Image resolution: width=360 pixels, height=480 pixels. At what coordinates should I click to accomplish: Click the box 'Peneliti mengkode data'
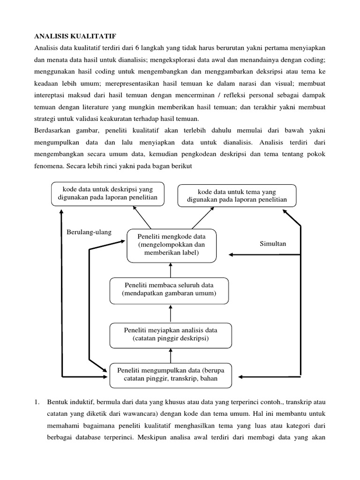(x=172, y=245)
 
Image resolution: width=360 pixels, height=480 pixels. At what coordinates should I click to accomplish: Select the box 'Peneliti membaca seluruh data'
(x=169, y=290)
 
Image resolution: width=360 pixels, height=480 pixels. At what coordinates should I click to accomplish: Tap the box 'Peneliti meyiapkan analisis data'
(x=171, y=334)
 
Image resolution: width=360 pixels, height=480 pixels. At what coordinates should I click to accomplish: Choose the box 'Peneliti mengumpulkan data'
(x=171, y=375)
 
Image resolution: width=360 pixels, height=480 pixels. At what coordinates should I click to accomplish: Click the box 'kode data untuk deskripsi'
(x=108, y=194)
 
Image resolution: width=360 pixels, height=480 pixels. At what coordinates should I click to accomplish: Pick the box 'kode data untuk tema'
(x=237, y=195)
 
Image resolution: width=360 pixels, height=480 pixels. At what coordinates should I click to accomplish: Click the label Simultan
(x=273, y=244)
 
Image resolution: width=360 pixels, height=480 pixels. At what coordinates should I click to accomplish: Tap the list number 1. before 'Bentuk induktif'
(x=37, y=402)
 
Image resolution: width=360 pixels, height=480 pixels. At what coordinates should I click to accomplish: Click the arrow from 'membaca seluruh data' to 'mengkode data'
(x=171, y=270)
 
